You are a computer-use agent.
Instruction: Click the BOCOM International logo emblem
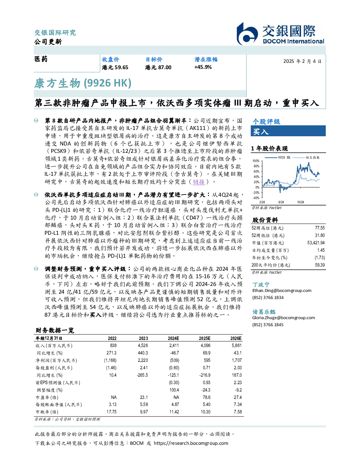(247, 34)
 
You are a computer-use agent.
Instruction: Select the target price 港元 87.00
(158, 67)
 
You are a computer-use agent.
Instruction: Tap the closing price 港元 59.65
(115, 67)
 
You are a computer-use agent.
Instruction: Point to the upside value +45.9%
(203, 67)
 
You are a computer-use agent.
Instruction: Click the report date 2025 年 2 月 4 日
(302, 61)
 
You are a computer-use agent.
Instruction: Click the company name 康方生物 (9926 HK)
(83, 83)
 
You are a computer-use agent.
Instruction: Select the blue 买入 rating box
(288, 131)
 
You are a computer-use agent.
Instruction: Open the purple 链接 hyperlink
(199, 182)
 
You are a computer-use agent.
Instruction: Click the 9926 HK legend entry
(277, 157)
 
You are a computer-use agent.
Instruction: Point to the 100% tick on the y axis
(256, 161)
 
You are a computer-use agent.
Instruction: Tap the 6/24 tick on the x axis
(281, 202)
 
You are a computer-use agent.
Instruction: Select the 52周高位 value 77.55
(320, 228)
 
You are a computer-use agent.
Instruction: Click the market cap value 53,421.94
(316, 243)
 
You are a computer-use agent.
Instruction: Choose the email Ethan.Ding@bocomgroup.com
(282, 290)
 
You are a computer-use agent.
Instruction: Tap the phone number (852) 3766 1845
(268, 325)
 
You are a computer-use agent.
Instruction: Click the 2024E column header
(173, 338)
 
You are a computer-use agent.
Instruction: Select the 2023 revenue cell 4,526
(143, 346)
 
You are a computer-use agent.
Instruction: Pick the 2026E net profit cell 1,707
(236, 360)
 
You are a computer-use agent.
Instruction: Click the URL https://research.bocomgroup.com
(191, 443)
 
